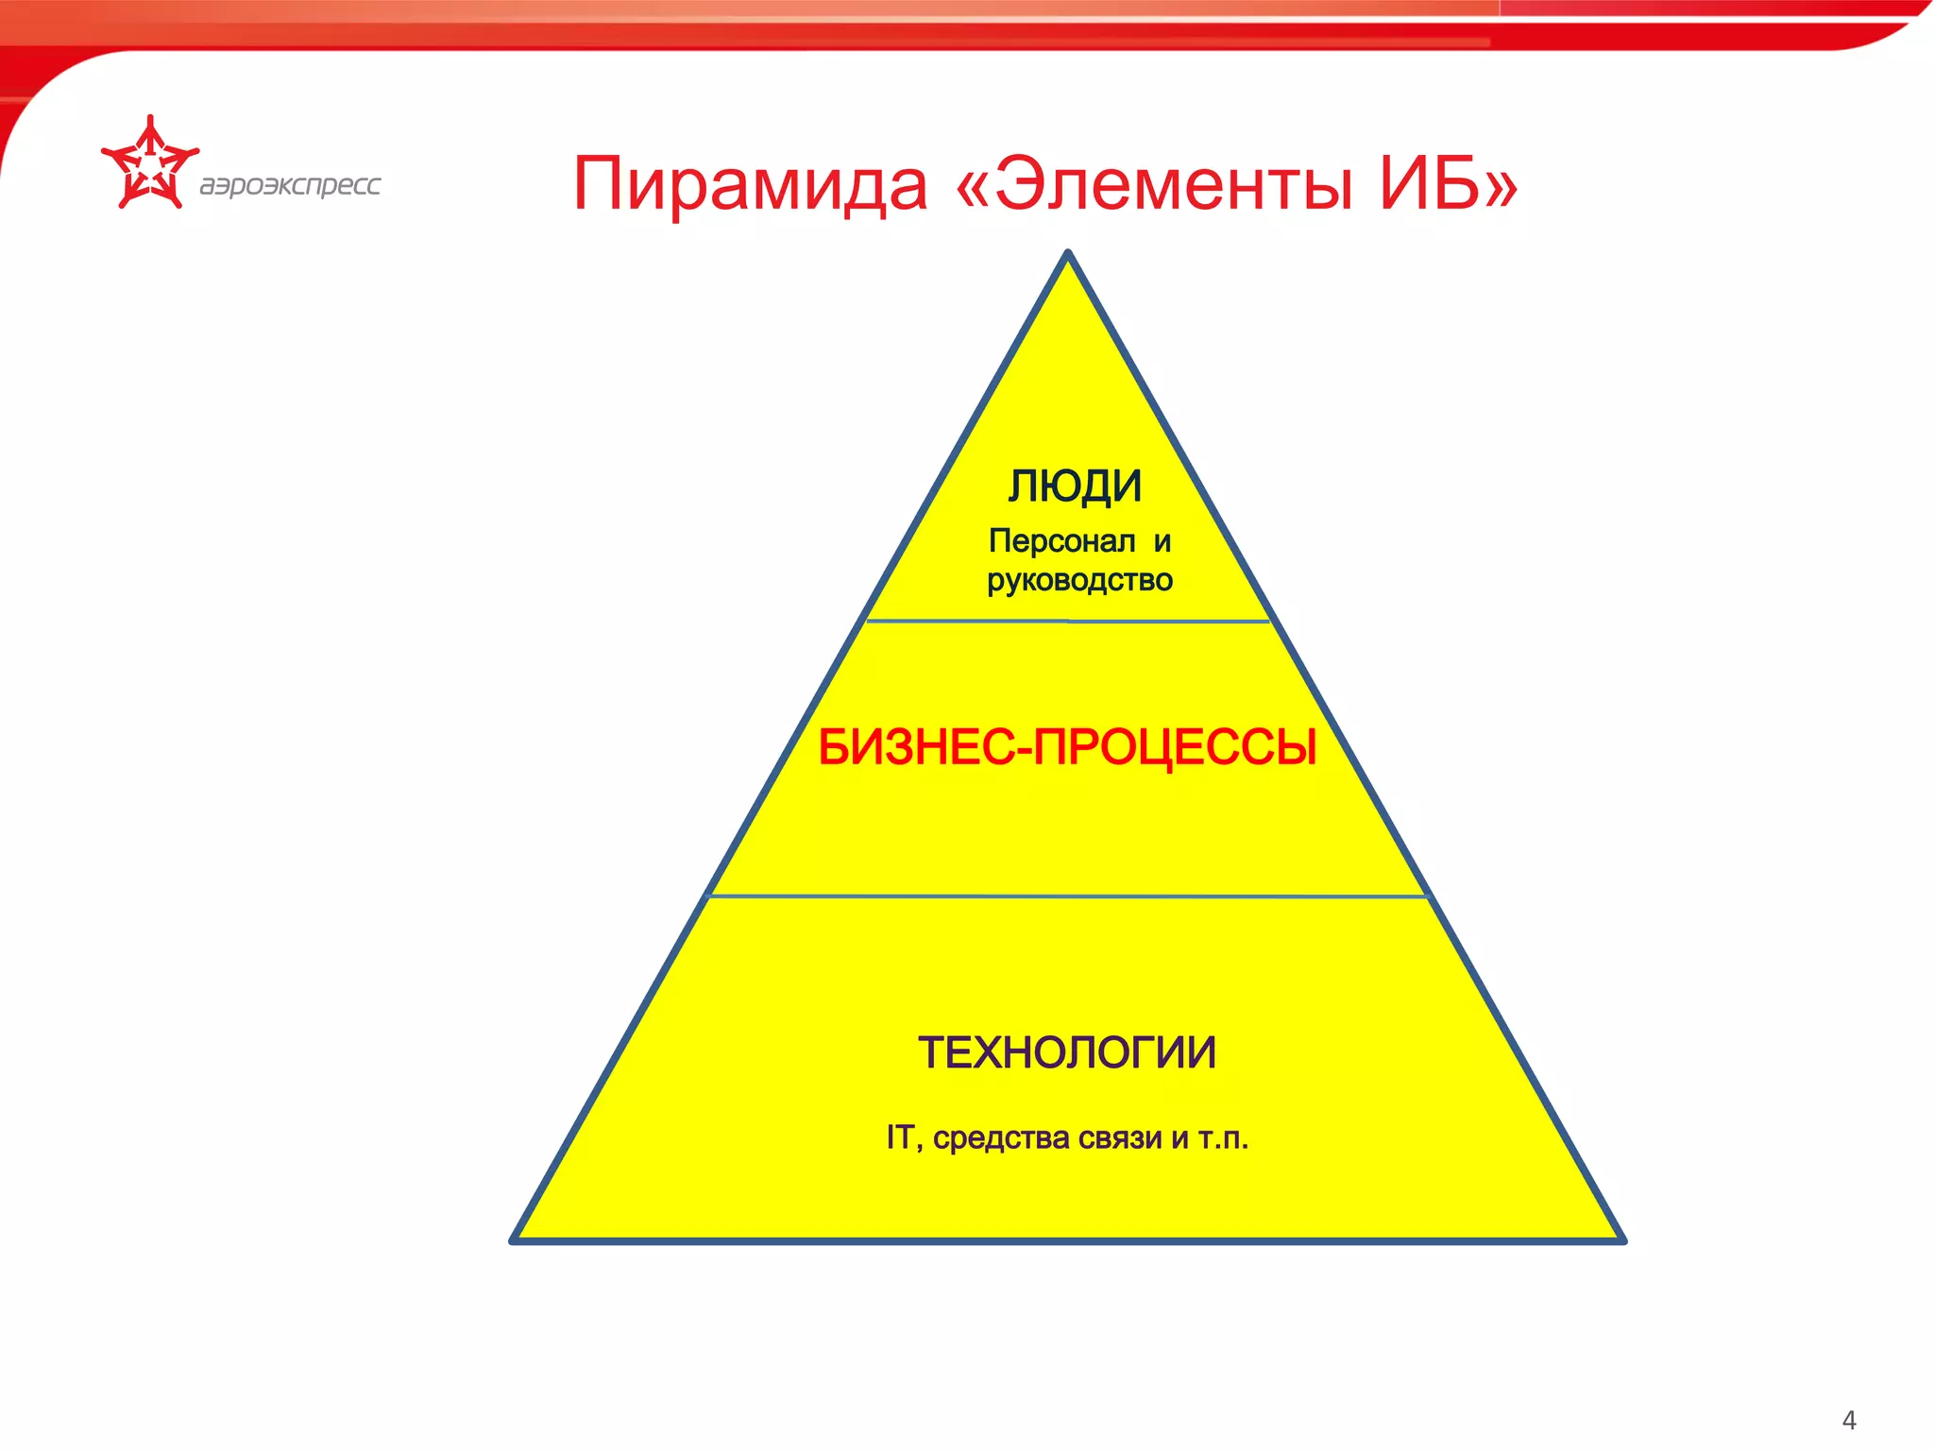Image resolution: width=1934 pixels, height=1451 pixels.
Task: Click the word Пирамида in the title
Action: [751, 185]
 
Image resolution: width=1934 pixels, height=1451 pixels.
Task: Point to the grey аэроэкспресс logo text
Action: [290, 184]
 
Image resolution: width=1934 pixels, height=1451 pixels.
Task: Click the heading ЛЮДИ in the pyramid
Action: [1075, 487]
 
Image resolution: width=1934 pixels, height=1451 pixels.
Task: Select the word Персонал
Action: [1061, 541]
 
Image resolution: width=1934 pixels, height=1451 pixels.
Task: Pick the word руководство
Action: [1079, 580]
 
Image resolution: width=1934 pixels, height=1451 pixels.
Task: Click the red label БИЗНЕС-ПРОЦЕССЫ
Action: [1067, 747]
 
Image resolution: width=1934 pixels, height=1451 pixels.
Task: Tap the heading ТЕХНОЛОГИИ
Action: [1067, 1052]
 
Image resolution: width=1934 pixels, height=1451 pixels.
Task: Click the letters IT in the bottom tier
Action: [898, 1137]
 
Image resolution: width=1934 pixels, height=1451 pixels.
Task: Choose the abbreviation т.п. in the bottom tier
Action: [1223, 1138]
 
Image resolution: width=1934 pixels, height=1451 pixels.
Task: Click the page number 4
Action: [1848, 1420]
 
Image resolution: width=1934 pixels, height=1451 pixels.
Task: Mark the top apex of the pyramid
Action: [1068, 254]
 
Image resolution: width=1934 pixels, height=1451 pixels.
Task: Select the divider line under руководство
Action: [1068, 622]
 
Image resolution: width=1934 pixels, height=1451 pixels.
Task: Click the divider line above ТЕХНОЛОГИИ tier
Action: [1067, 896]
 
